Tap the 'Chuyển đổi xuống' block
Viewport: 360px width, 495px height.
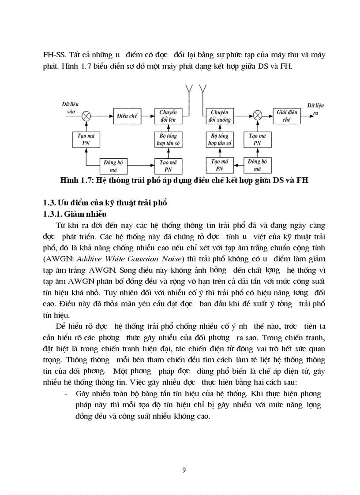click(219, 116)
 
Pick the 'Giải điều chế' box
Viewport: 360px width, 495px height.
click(287, 115)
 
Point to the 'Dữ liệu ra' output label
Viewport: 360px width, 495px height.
click(315, 109)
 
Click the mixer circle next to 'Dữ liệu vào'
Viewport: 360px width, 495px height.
click(87, 115)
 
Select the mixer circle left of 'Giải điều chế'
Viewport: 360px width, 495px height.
click(258, 115)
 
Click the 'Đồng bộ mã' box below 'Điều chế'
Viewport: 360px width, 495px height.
click(113, 165)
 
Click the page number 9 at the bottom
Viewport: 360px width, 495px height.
click(184, 469)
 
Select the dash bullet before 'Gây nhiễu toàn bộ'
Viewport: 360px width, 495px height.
click(66, 394)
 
